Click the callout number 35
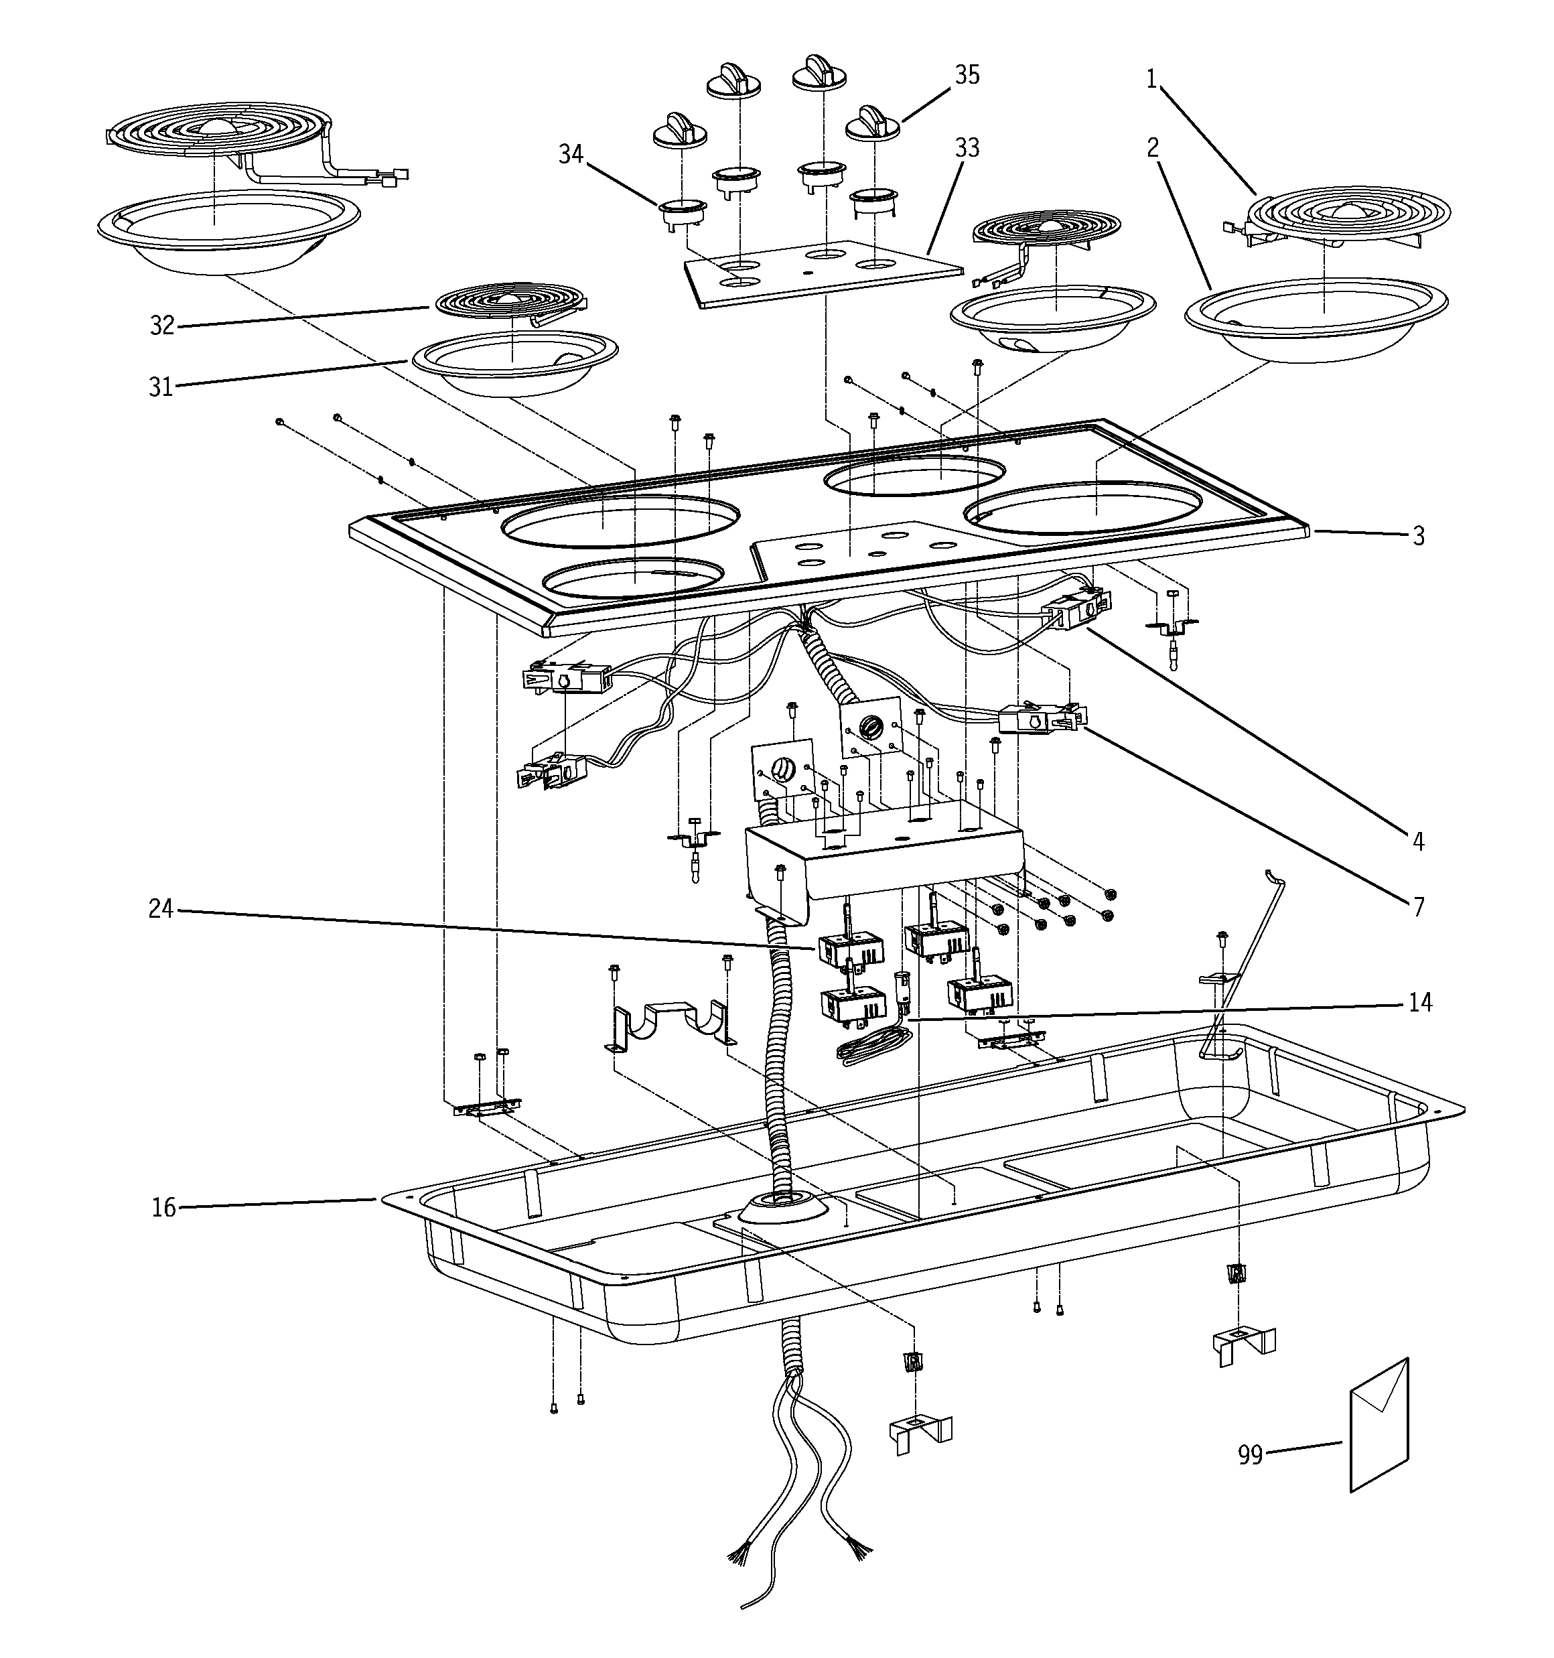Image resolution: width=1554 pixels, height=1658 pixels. tap(967, 75)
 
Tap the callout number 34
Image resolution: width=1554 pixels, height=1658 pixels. tap(571, 154)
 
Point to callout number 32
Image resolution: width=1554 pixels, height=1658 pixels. tap(162, 326)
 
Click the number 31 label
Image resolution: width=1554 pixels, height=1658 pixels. tap(160, 387)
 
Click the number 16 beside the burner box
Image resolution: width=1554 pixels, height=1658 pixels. tap(163, 1208)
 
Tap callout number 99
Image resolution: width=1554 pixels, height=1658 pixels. tap(1249, 1455)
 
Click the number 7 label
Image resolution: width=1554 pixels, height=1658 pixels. tap(1419, 906)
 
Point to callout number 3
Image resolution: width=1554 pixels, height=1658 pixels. tap(1419, 537)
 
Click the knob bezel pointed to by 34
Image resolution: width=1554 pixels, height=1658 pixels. tap(683, 212)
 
